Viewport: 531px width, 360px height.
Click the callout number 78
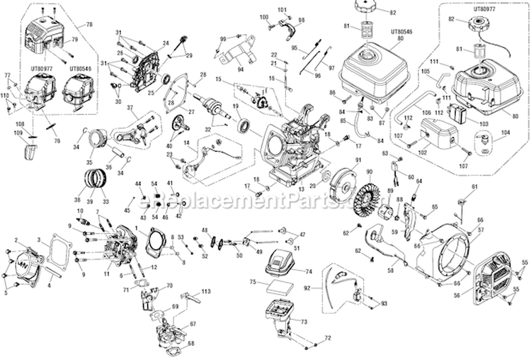point(89,25)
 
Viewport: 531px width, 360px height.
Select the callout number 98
point(301,20)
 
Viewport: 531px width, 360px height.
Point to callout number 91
point(358,161)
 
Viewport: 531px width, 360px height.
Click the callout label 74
point(307,271)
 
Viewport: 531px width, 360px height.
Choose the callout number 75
point(253,283)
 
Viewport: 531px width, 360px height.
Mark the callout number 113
point(206,291)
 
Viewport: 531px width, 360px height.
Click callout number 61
point(474,186)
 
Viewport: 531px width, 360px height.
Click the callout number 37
point(131,108)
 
